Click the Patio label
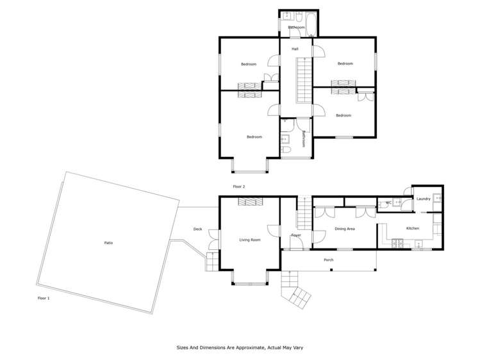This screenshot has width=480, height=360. click(x=109, y=243)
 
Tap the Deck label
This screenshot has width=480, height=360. click(x=197, y=229)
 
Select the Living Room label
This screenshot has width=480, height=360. click(x=250, y=240)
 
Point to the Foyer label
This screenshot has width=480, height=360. click(x=296, y=235)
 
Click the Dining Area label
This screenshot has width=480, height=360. click(x=345, y=229)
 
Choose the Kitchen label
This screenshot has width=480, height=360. click(x=412, y=229)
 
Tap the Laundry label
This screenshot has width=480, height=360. click(x=423, y=199)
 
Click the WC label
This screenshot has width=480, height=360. click(x=388, y=203)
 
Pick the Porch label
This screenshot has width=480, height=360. click(x=328, y=259)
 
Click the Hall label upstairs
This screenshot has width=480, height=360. click(x=295, y=49)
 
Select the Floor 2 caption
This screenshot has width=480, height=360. click(x=239, y=186)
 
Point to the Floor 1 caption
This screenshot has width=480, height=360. click(x=44, y=299)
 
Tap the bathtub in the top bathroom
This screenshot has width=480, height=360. click(x=311, y=24)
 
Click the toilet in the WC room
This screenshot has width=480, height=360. click(x=399, y=202)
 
